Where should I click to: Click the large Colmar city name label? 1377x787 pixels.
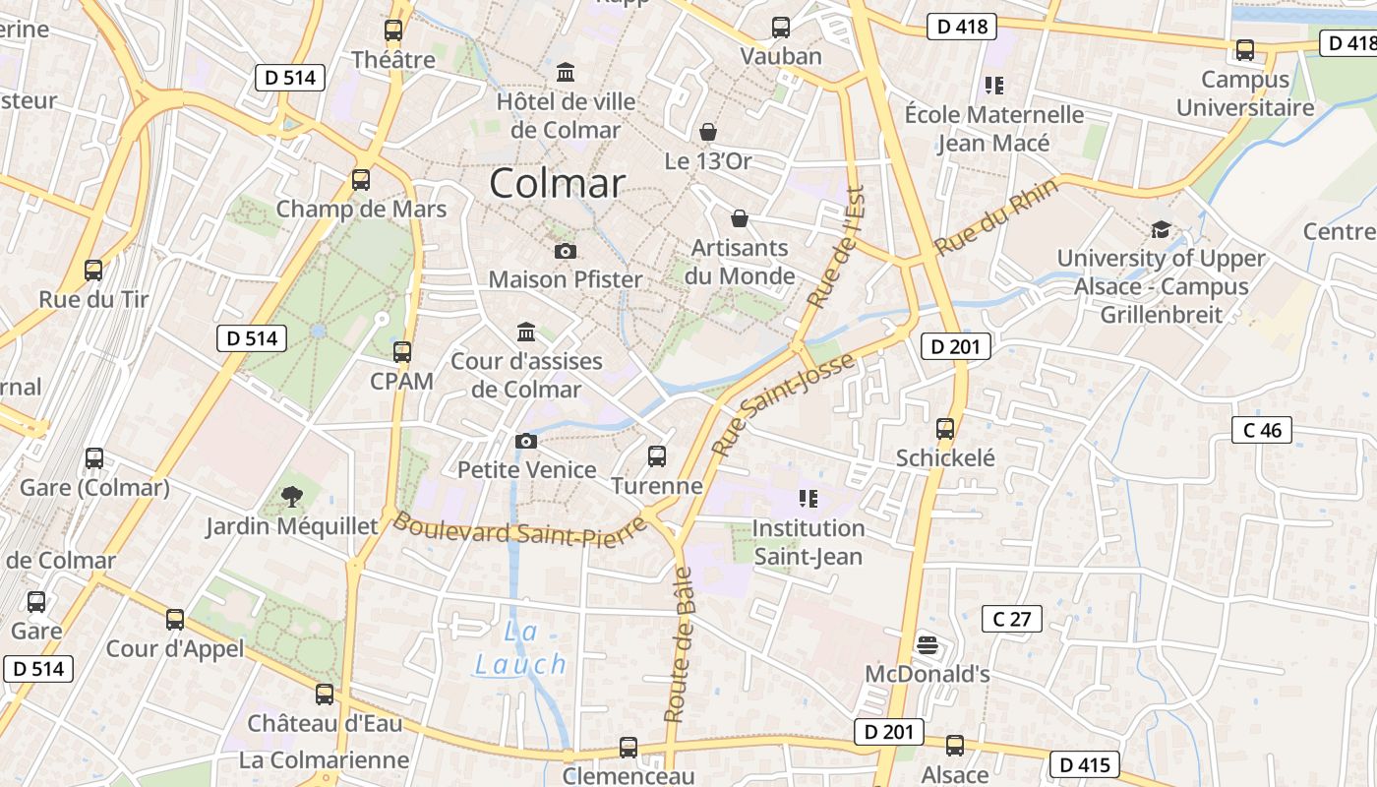[x=557, y=184]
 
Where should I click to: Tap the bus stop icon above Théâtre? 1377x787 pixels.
[x=393, y=30]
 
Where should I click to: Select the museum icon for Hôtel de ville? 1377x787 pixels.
[x=566, y=72]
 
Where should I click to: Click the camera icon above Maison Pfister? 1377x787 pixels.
[x=566, y=251]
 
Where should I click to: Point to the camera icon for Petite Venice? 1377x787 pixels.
[x=526, y=440]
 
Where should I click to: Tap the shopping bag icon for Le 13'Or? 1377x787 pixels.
[x=707, y=131]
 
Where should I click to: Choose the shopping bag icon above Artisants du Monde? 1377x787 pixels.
[x=740, y=217]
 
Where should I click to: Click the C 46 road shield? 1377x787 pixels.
[x=1262, y=430]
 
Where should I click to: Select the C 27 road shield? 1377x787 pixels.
[x=1012, y=619]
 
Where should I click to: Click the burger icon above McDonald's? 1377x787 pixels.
[x=927, y=645]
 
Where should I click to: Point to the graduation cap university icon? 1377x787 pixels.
[x=1161, y=229]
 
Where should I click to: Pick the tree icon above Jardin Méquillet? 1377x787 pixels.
[x=291, y=496]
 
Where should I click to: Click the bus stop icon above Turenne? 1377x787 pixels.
[x=657, y=455]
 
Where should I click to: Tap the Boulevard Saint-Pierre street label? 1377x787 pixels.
[x=521, y=530]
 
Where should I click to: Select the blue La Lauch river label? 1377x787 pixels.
[x=521, y=649]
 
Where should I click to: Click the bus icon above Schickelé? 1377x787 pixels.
[x=945, y=428]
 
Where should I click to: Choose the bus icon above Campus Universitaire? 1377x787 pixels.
[x=1245, y=49]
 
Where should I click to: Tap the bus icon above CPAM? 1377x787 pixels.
[x=401, y=351]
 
